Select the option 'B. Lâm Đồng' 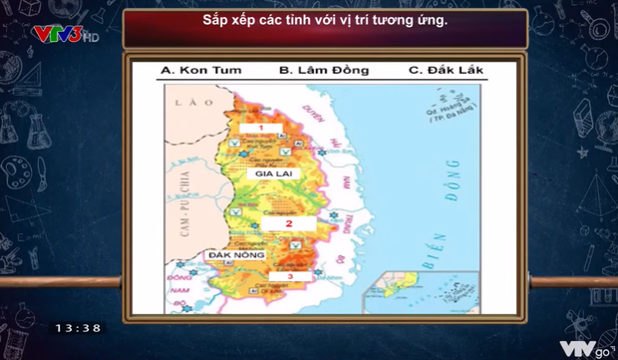pos(323,71)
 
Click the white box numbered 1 pos(259,129)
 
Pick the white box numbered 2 pos(288,223)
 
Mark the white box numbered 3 pos(289,276)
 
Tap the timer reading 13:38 pos(78,327)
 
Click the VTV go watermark pos(583,347)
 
